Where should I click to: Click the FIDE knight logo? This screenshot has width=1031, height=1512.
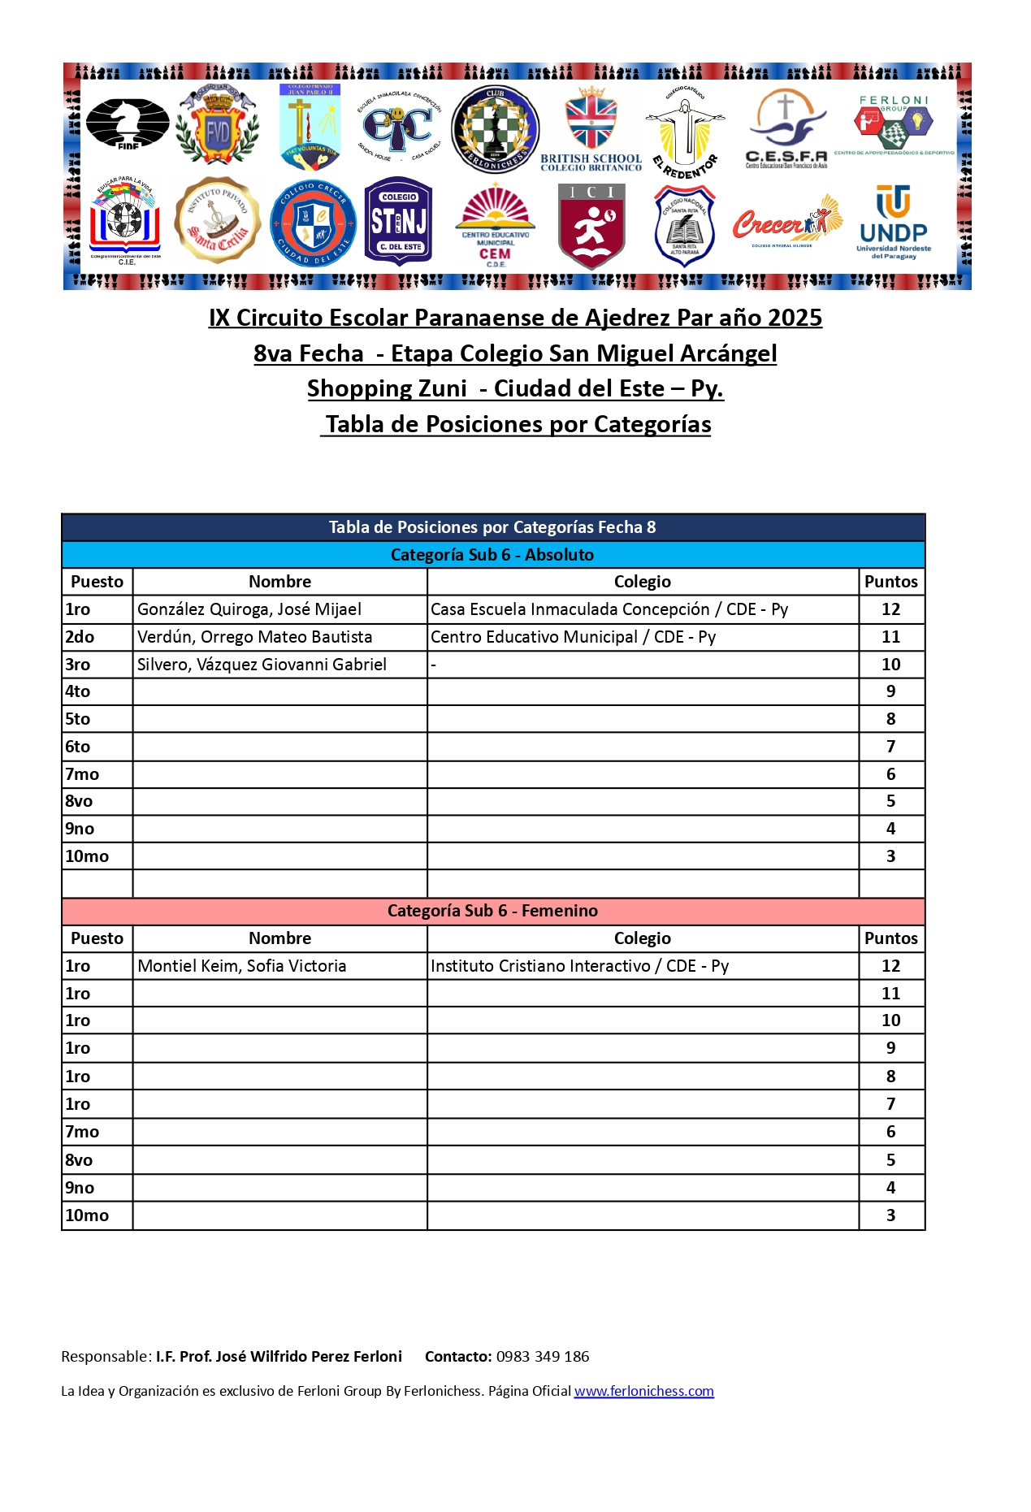click(x=127, y=123)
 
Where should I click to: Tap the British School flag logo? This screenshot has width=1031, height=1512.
click(x=591, y=128)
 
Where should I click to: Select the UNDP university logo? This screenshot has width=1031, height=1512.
click(x=894, y=222)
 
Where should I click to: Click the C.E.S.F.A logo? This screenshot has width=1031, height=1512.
click(x=786, y=128)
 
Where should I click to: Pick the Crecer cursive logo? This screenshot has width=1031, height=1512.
click(x=786, y=222)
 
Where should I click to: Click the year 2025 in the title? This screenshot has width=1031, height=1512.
click(x=795, y=318)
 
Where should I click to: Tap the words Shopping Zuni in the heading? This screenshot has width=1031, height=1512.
click(x=387, y=388)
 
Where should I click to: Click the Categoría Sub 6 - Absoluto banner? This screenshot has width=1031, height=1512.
click(x=492, y=555)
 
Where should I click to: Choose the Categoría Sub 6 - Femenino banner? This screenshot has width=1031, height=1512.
click(x=492, y=911)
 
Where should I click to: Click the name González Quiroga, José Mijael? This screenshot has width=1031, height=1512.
click(x=249, y=609)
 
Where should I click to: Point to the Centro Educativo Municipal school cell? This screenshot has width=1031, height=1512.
click(x=573, y=637)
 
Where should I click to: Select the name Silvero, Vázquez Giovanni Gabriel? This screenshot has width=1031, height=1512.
click(x=262, y=665)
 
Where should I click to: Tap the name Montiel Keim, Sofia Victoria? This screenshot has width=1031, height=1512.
click(x=242, y=966)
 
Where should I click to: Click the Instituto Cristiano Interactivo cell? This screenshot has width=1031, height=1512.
click(x=579, y=966)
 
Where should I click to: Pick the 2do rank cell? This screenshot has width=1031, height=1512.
click(x=80, y=637)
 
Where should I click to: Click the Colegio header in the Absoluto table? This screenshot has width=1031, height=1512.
click(x=642, y=582)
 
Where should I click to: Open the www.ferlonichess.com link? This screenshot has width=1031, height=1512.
click(x=643, y=1391)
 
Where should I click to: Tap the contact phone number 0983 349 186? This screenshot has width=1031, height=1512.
click(x=543, y=1356)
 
